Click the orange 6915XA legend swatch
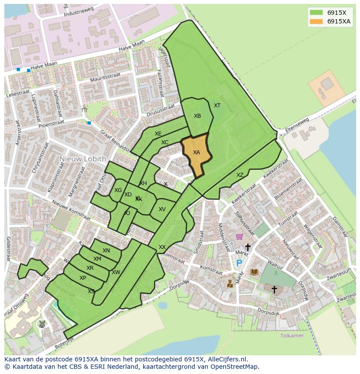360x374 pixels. tap(316, 22)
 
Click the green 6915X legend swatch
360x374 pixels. tap(316, 12)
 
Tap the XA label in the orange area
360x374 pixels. tap(197, 152)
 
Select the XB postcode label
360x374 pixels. tap(197, 116)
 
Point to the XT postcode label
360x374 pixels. tap(217, 106)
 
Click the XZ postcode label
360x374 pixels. tap(240, 175)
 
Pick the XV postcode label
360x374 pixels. tap(162, 209)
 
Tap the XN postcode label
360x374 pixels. tap(106, 251)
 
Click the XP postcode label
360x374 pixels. tap(83, 278)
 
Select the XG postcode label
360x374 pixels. tap(118, 190)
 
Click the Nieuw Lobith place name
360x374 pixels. tap(83, 159)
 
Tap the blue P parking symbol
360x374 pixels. tap(239, 263)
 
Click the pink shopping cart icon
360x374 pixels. tap(239, 237)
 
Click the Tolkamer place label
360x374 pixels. tap(292, 336)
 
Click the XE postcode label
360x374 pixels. tap(158, 134)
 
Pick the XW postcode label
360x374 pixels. tap(116, 272)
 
